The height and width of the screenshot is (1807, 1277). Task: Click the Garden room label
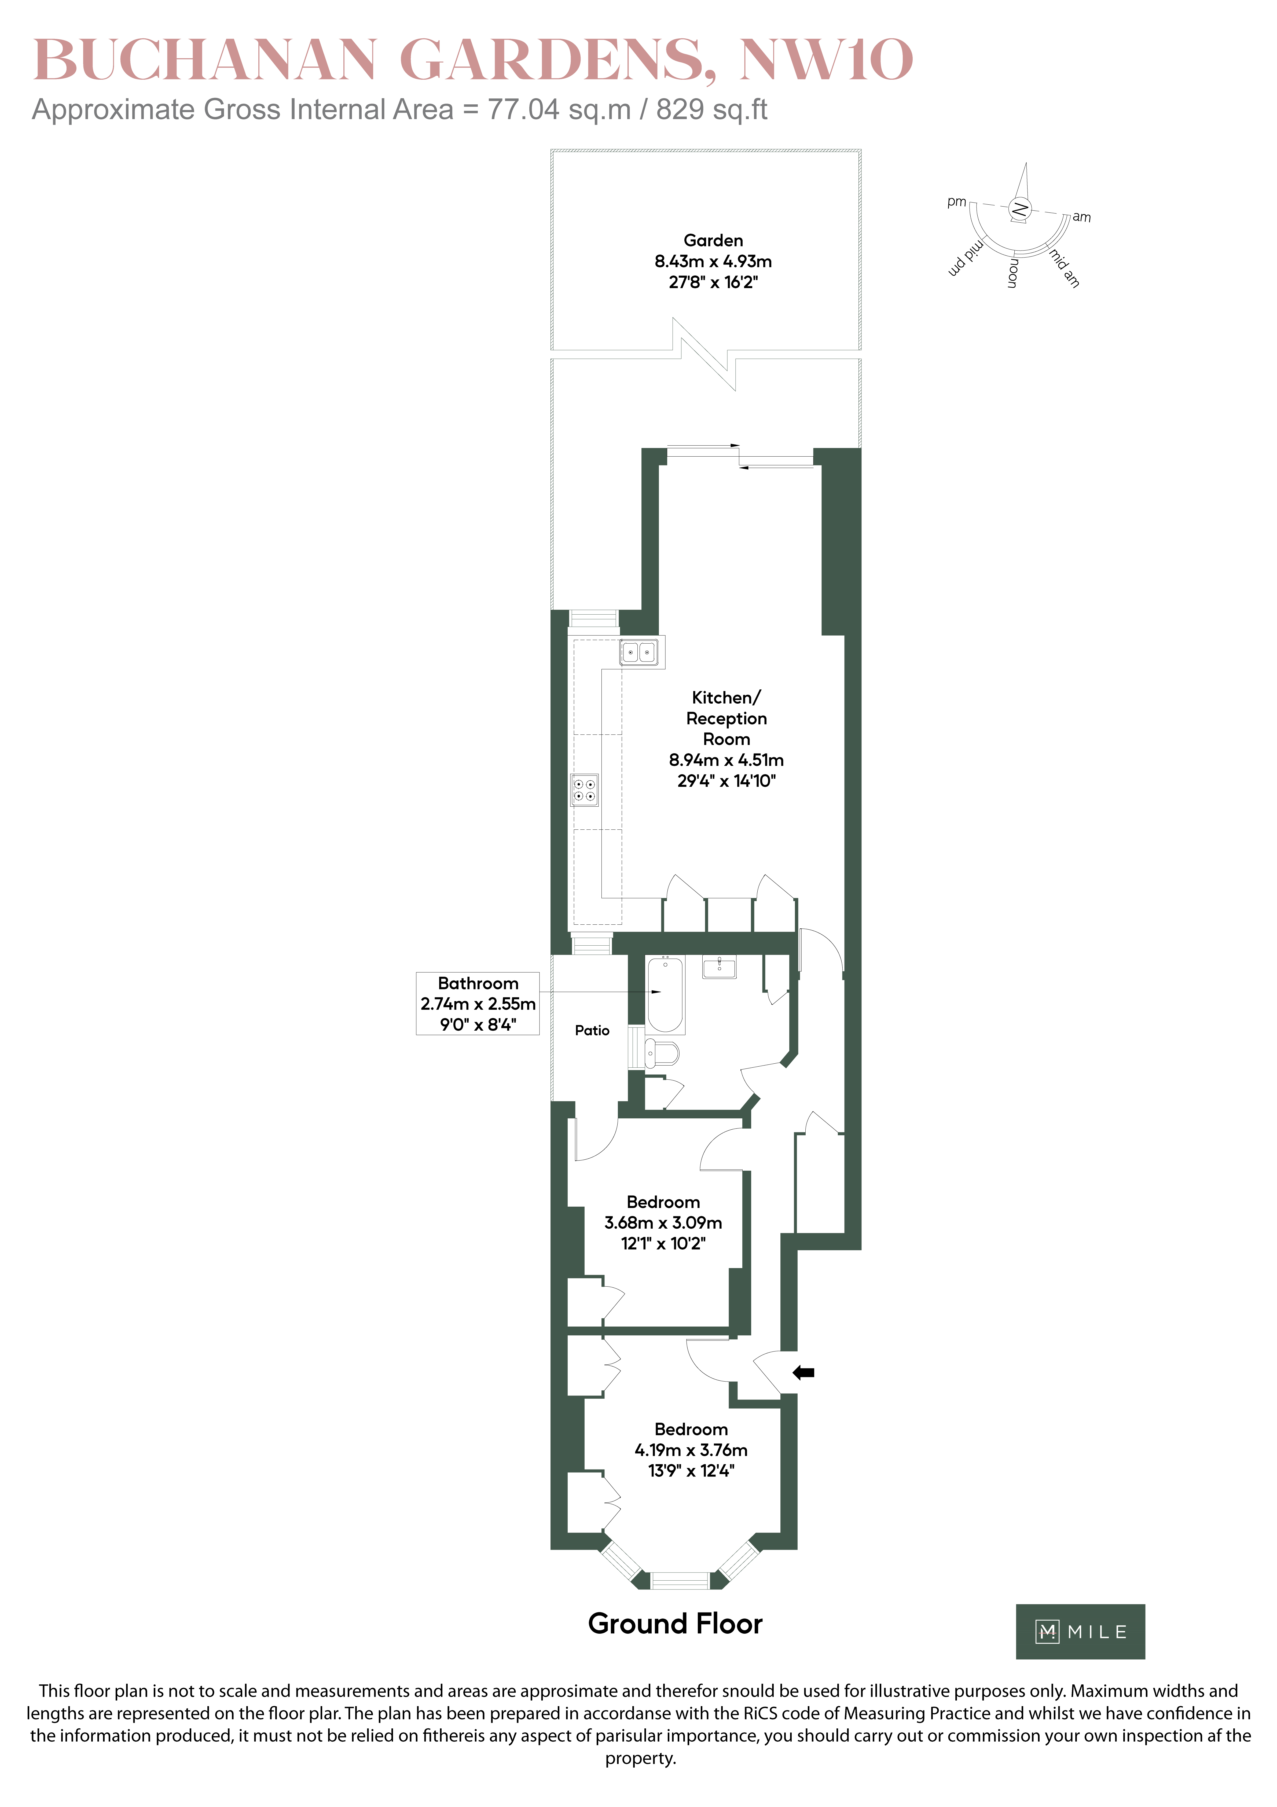coord(713,240)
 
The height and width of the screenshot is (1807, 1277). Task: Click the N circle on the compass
coord(1019,209)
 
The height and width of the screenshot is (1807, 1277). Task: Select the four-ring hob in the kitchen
coord(584,790)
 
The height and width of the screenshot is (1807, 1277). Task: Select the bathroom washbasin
coord(719,967)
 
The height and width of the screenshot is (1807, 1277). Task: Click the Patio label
coord(592,1030)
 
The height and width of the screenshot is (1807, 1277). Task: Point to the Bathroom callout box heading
coord(478,983)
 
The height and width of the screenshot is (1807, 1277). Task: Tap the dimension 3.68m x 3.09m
coord(663,1222)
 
